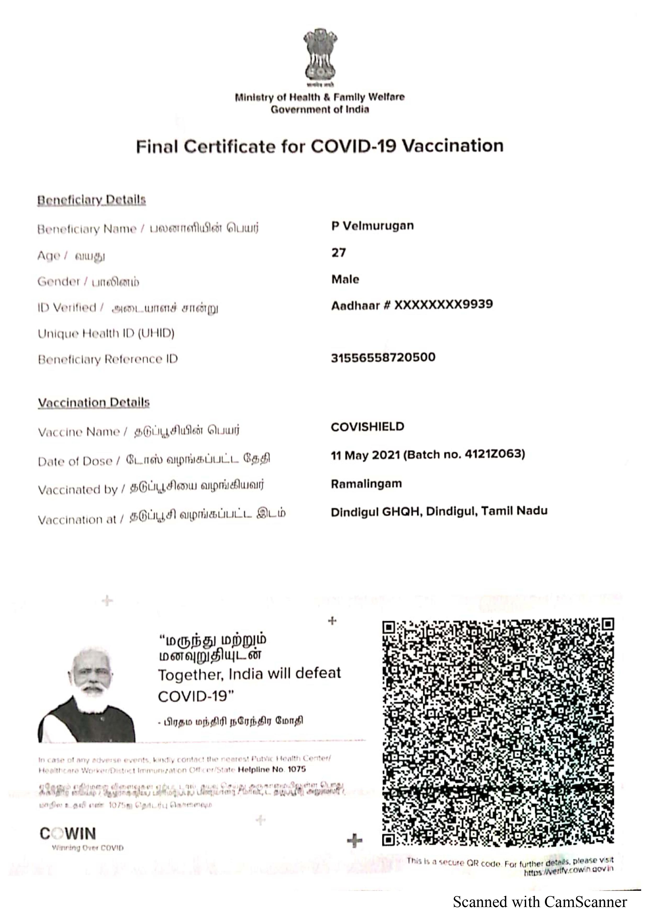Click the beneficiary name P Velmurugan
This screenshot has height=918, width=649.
tap(372, 226)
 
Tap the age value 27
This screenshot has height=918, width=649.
tap(338, 253)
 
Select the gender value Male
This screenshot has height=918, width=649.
tap(345, 279)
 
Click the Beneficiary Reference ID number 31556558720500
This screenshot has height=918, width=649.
tap(383, 357)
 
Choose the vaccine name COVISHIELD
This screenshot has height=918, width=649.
tap(367, 427)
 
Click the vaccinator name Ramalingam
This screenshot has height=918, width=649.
tap(366, 484)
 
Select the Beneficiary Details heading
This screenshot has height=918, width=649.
tap(92, 200)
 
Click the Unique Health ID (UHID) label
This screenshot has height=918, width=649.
tap(106, 334)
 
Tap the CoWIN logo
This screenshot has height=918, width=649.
tap(68, 834)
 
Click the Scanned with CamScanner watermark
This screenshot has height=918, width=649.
tap(539, 902)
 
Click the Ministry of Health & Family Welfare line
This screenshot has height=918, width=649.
tap(320, 97)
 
